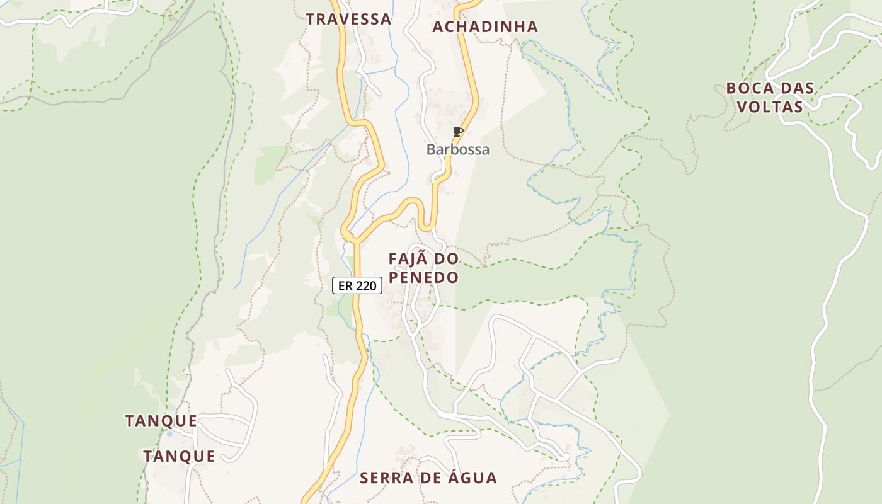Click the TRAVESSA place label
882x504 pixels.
(x=349, y=19)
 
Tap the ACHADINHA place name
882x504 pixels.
(x=485, y=26)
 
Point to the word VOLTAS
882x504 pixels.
(x=770, y=106)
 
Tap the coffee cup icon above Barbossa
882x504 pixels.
(x=458, y=131)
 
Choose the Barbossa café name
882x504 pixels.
(x=458, y=150)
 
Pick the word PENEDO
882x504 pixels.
(x=423, y=277)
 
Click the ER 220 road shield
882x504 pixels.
(x=357, y=286)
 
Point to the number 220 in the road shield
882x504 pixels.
(x=365, y=286)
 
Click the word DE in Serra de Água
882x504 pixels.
(x=426, y=478)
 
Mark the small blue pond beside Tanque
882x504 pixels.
(x=169, y=433)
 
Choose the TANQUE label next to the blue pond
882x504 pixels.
(x=161, y=421)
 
